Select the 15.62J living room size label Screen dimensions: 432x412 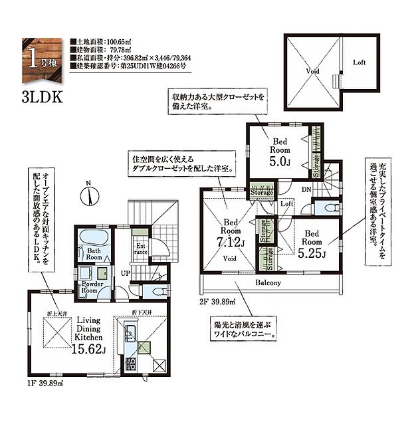click(87, 350)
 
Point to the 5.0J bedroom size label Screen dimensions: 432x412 click(278, 160)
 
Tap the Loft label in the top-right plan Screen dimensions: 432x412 click(359, 62)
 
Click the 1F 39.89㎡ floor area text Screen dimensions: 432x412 click(46, 383)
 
